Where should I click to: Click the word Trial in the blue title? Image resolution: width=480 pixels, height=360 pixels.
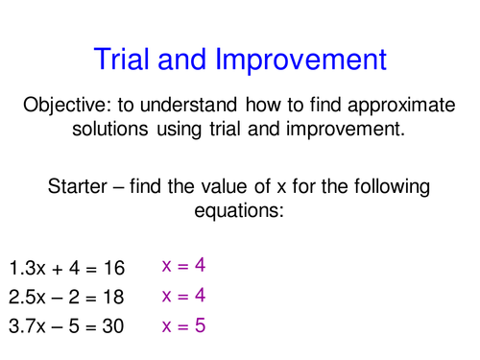point(125,60)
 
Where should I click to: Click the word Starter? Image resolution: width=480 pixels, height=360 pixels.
point(82,185)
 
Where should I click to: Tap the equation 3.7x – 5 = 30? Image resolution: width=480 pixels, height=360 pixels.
point(67,326)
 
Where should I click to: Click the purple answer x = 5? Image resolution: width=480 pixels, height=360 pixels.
point(184,325)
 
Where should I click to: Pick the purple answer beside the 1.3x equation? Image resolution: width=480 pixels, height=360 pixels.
point(184,265)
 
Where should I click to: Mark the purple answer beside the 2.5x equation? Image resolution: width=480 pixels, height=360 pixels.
point(184,296)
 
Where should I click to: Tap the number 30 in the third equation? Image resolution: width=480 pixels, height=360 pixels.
point(113,326)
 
